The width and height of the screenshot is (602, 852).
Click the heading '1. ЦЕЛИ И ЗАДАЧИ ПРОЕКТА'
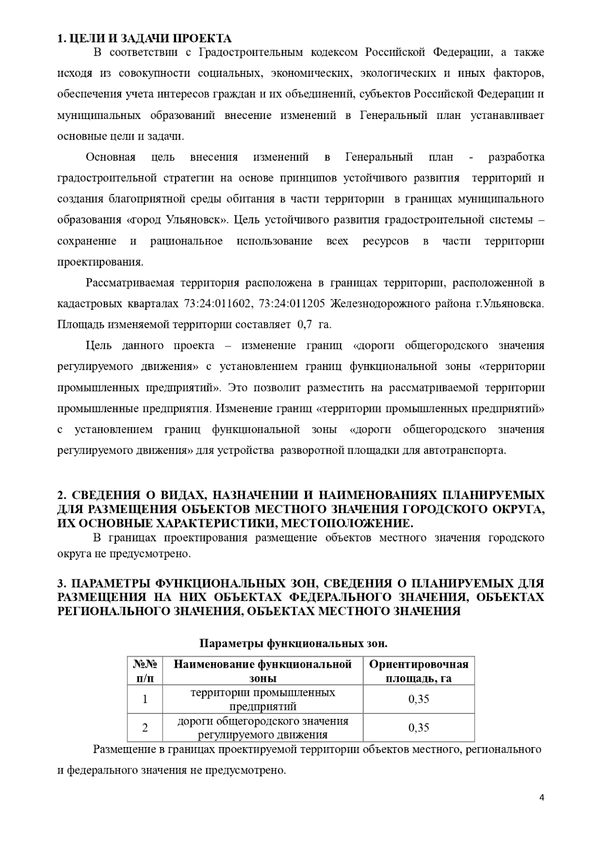point(144,39)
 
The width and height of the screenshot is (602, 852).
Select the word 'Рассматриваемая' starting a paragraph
point(129,283)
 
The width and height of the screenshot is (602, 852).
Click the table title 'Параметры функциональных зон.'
point(294,643)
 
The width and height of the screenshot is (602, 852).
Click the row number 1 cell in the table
point(145,699)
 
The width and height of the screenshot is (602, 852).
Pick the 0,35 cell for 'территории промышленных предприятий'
point(418,699)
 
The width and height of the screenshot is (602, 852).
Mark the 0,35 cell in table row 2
point(418,727)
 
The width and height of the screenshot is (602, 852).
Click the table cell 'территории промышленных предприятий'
point(263,699)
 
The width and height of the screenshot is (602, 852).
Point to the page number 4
point(541,798)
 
